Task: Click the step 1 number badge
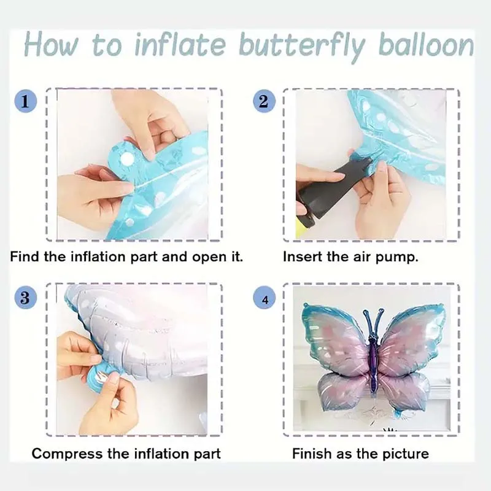coord(26,101)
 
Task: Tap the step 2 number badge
coord(264,101)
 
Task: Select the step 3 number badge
coord(26,298)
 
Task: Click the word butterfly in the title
coord(302,47)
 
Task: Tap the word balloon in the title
coord(426,45)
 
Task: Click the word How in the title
coord(51,45)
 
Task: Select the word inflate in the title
coord(180,45)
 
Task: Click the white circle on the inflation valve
coord(128,160)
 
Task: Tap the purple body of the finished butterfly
coord(374,363)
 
